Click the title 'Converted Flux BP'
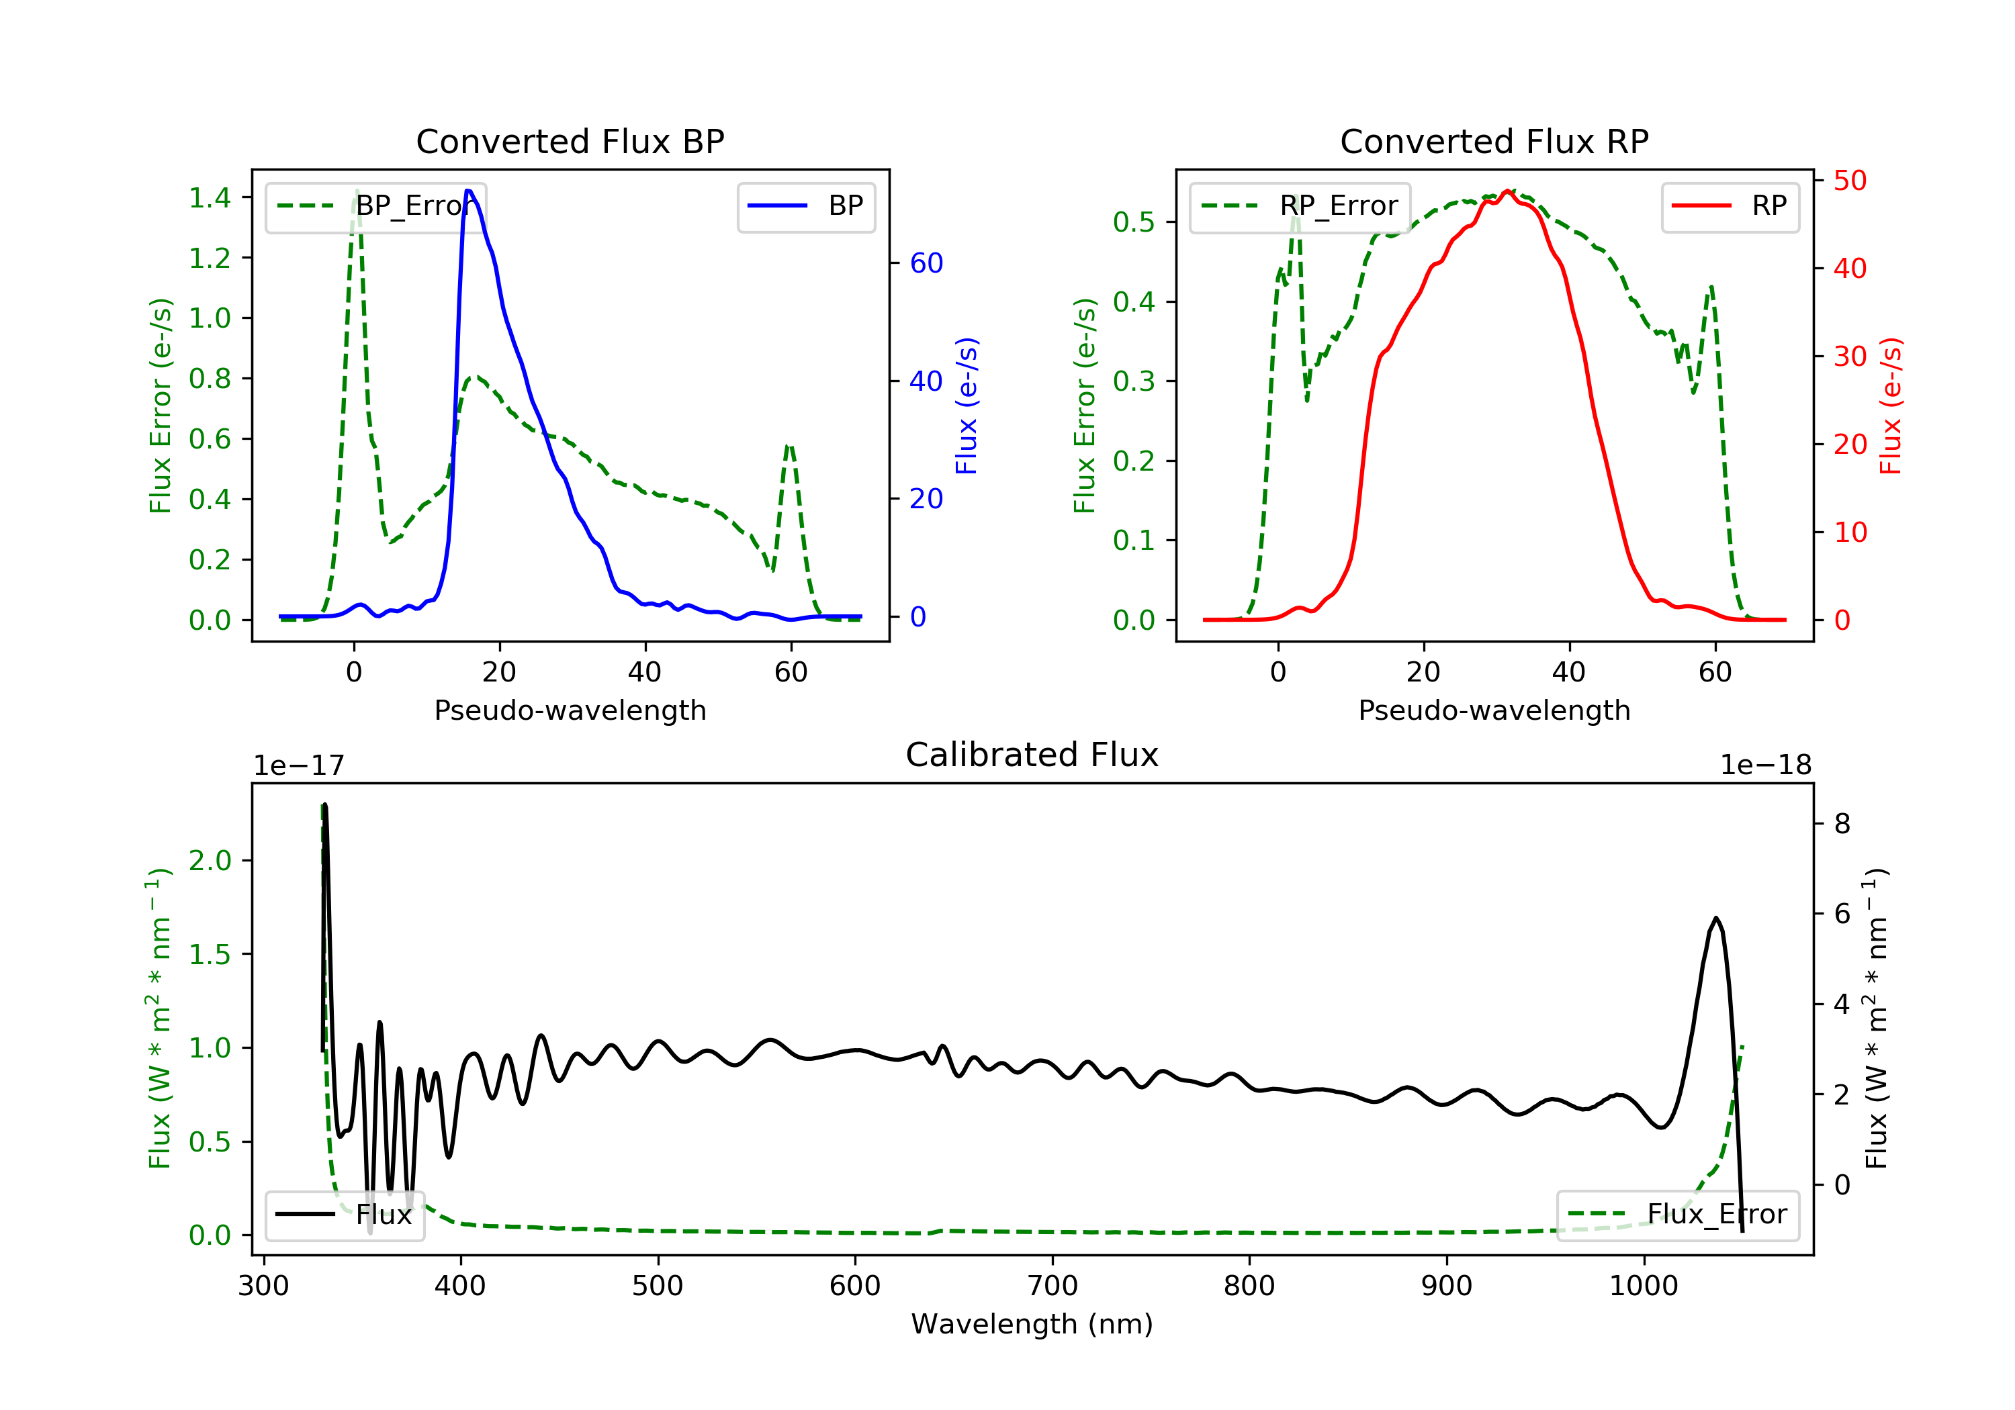tap(570, 141)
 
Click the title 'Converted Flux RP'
tap(1494, 141)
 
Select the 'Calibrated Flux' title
tap(1032, 755)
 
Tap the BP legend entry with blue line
tap(805, 206)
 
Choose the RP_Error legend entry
tap(1300, 206)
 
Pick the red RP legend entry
tap(1730, 206)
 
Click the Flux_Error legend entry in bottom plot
tap(1677, 1215)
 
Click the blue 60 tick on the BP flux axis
tap(926, 263)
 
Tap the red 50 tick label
tap(1850, 181)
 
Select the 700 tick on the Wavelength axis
tap(1053, 1286)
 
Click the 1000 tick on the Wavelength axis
tap(1644, 1286)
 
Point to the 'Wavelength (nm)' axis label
tap(1032, 1324)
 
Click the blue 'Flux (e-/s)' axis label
tap(967, 406)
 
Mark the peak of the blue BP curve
tap(469, 191)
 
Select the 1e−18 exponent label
tap(1766, 765)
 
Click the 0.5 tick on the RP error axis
tap(1134, 222)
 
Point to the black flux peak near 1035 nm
tap(1715, 918)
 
